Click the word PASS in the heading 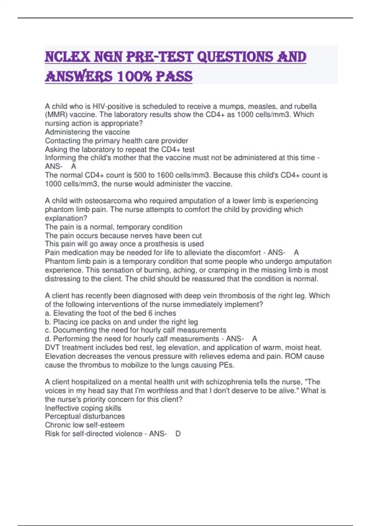[x=174, y=76]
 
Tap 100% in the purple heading [x=135, y=76]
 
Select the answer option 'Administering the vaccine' [x=87, y=132]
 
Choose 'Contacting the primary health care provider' [x=116, y=141]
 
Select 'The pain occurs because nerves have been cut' [x=123, y=235]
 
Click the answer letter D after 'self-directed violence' [x=178, y=434]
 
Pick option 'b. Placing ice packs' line [x=121, y=322]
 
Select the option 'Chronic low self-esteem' [x=85, y=425]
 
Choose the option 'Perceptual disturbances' [x=85, y=416]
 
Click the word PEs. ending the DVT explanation [x=226, y=365]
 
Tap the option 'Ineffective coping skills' [x=83, y=408]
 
